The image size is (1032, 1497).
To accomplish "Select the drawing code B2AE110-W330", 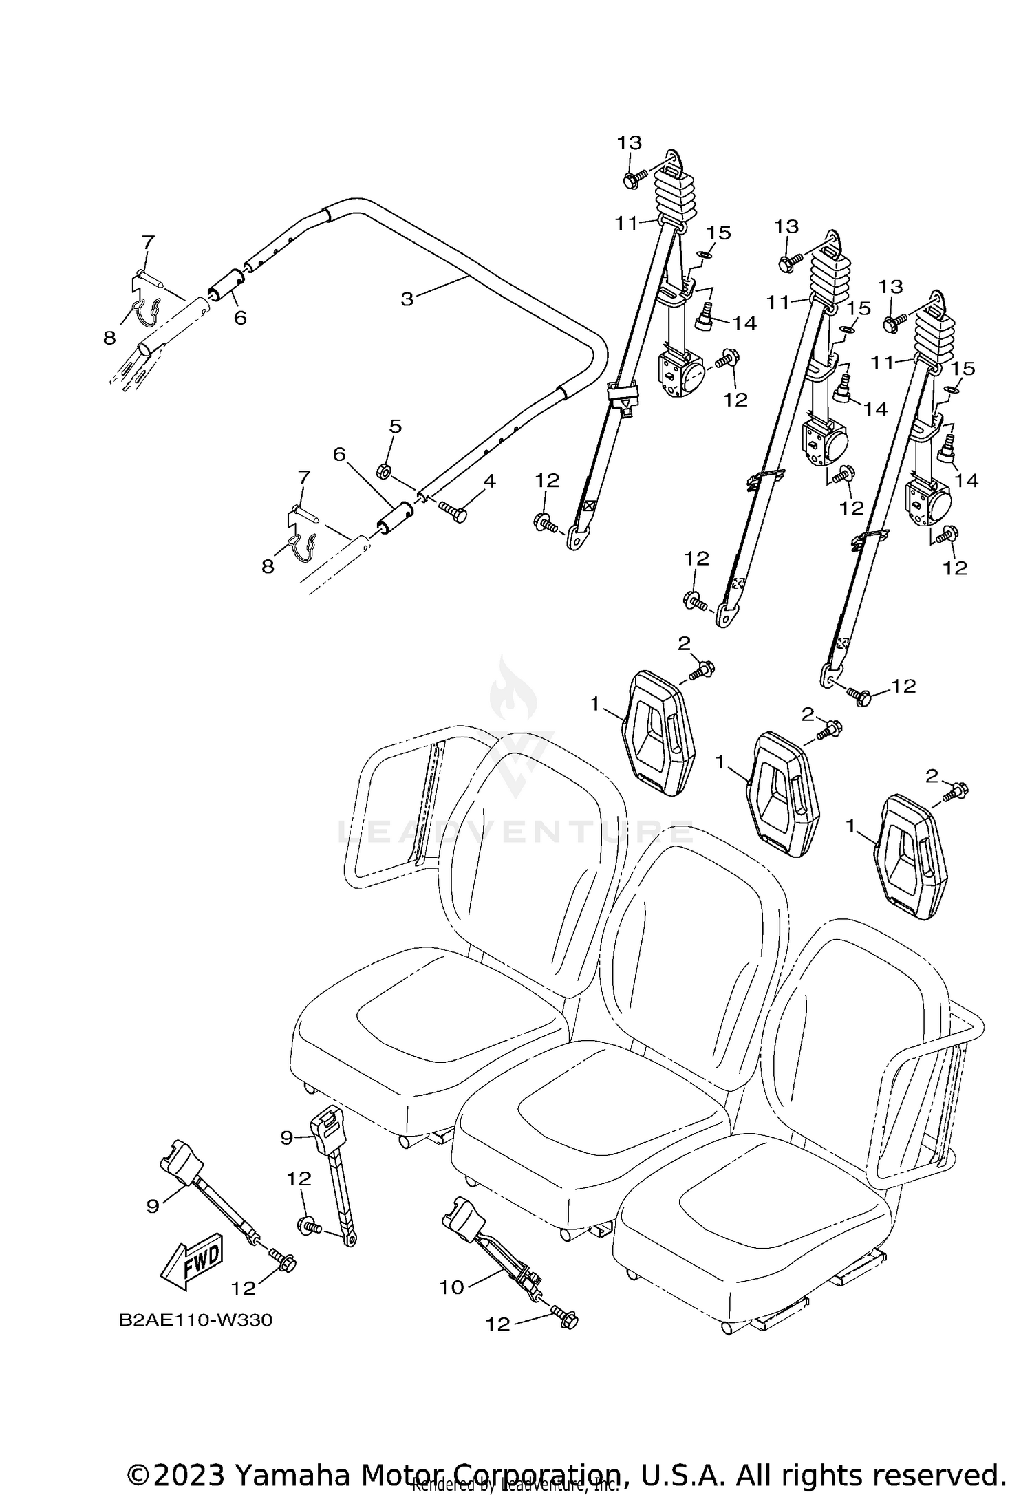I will [195, 1320].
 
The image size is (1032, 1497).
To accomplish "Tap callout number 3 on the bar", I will [407, 299].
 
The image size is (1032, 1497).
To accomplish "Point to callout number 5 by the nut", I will [395, 427].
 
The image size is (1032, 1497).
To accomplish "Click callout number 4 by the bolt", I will [489, 481].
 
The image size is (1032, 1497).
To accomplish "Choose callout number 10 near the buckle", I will [451, 1288].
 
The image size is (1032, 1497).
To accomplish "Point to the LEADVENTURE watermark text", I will [516, 833].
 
